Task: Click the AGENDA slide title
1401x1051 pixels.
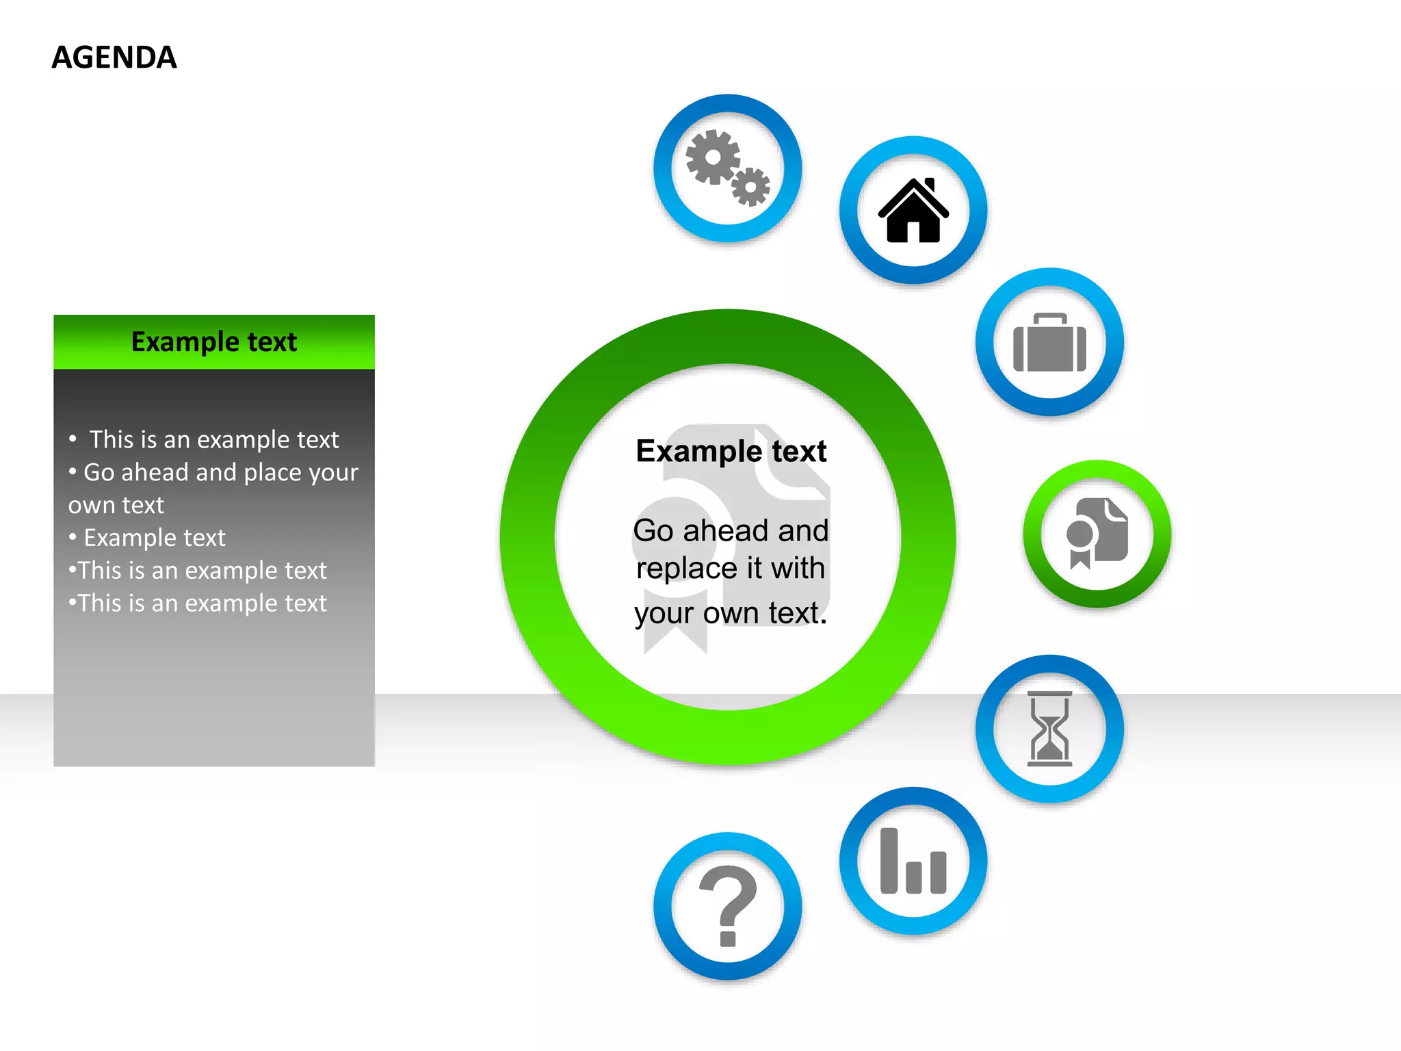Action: pyautogui.click(x=114, y=57)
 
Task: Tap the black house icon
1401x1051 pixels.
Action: pyautogui.click(x=913, y=211)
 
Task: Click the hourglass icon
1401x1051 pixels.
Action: pyautogui.click(x=1049, y=729)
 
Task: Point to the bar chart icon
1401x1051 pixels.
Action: pyautogui.click(x=913, y=861)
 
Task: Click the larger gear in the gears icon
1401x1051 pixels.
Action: pyautogui.click(x=713, y=157)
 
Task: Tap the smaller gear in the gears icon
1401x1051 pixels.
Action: pyautogui.click(x=750, y=186)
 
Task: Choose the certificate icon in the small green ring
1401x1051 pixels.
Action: pyautogui.click(x=1097, y=533)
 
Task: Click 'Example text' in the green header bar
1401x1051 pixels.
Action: pyautogui.click(x=214, y=341)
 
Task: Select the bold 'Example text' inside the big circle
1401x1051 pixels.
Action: pyautogui.click(x=731, y=451)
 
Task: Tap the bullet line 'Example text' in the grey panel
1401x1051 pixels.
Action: pyautogui.click(x=155, y=538)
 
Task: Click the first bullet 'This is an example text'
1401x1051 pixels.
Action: pyautogui.click(x=214, y=439)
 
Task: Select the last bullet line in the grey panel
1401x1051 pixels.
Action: pyautogui.click(x=202, y=604)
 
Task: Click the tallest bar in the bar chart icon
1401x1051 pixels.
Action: pyautogui.click(x=889, y=861)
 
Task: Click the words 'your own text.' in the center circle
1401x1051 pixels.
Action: pyautogui.click(x=731, y=613)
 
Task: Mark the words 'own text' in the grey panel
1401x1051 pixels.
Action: pyautogui.click(x=116, y=505)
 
